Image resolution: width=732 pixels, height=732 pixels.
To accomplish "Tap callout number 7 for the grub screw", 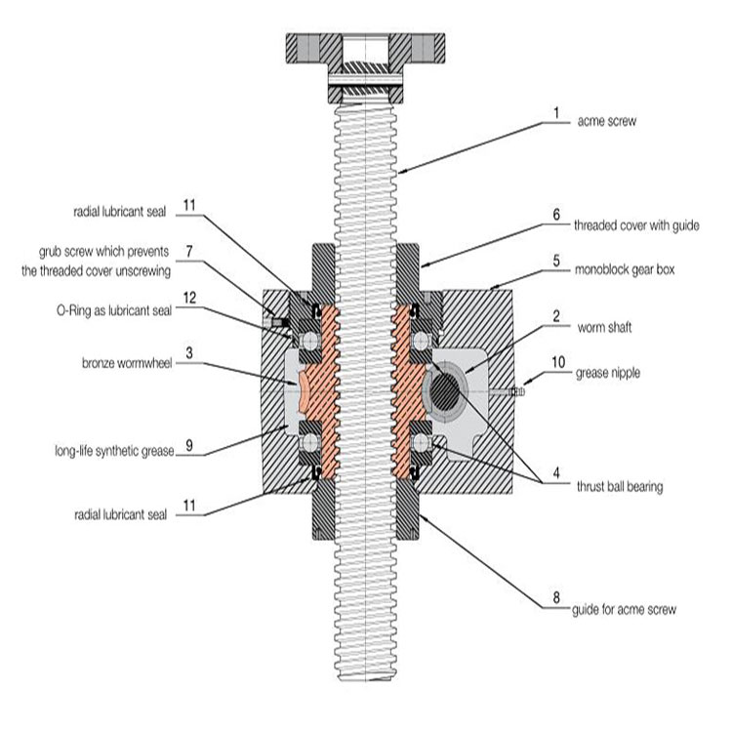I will click(191, 249).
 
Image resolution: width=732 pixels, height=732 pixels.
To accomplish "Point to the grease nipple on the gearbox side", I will click(516, 391).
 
